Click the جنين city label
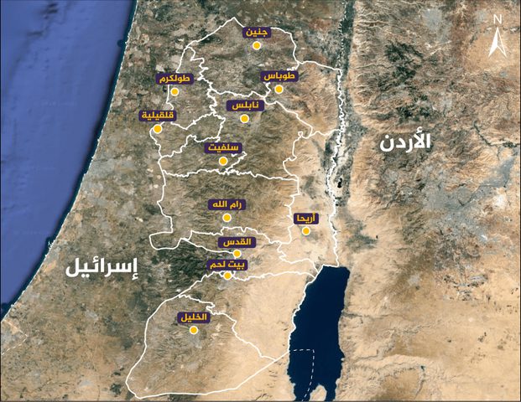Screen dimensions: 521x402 point(257,33)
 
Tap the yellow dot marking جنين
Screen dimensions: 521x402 point(257,46)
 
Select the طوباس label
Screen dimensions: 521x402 point(280,75)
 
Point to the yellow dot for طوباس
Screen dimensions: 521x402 point(279,88)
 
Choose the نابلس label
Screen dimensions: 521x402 point(245,106)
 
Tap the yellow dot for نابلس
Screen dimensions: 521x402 point(244,119)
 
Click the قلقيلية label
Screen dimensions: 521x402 point(158,116)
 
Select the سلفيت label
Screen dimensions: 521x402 point(222,147)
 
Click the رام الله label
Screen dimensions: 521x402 point(227,204)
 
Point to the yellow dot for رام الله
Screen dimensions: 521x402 point(225,217)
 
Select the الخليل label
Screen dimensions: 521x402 point(193,318)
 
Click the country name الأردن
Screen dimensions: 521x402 point(404,142)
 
